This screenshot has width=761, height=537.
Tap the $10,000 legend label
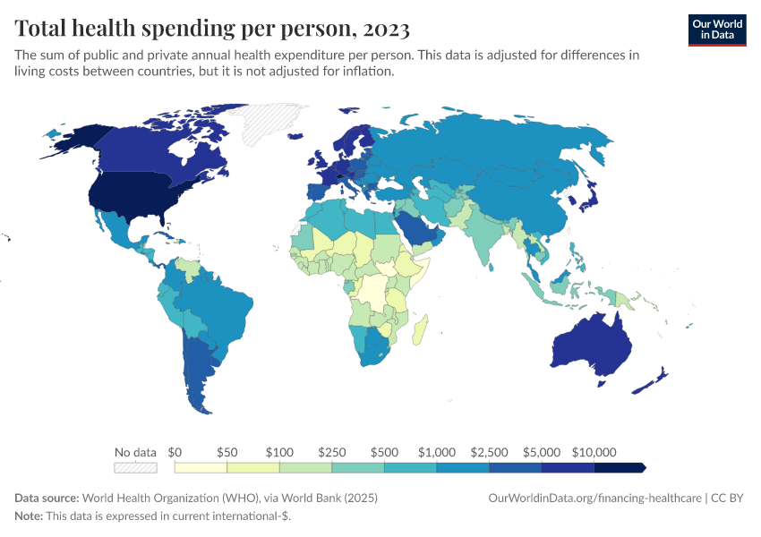click(x=594, y=452)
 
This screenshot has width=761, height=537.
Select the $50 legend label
click(x=227, y=452)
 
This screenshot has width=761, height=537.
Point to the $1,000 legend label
click(x=437, y=452)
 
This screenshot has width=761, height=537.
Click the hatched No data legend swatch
click(x=135, y=467)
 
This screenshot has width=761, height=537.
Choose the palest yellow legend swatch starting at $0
click(x=201, y=467)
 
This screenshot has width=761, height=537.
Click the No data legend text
click(x=135, y=452)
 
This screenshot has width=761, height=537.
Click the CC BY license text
click(x=729, y=498)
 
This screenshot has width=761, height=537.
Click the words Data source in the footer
click(x=47, y=498)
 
